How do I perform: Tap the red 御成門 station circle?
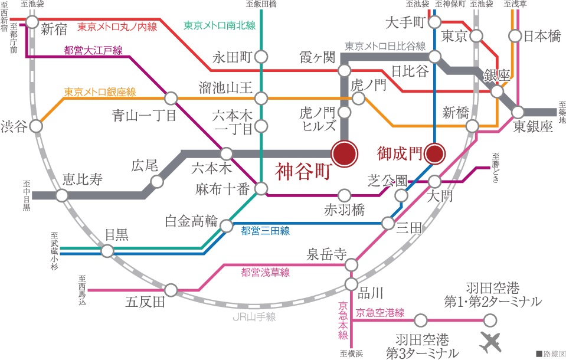434,154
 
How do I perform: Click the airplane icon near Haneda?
492,342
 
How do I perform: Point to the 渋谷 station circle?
37,126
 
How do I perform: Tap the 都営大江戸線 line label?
93,51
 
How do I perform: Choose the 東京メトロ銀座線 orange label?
100,92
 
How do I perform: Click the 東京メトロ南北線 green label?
219,25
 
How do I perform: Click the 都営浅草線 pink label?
265,273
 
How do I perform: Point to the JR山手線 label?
254,317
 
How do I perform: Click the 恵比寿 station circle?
62,195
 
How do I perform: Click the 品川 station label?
372,292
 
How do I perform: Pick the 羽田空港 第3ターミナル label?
423,347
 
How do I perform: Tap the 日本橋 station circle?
515,36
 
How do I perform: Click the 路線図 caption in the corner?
550,354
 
